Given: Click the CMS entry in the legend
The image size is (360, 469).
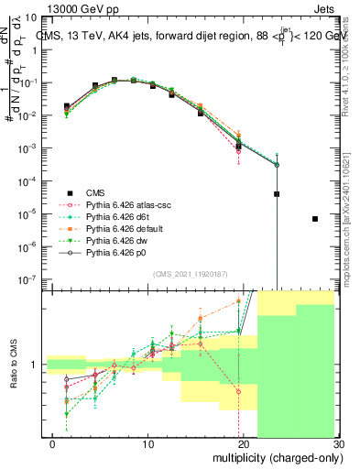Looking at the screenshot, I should click(95, 192).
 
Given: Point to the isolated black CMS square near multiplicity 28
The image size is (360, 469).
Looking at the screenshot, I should click(315, 219).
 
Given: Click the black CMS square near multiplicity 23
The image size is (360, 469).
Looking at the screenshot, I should click(277, 194).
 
